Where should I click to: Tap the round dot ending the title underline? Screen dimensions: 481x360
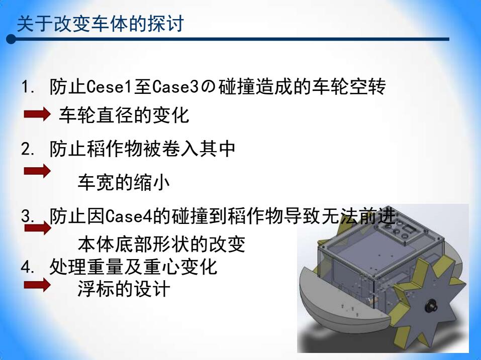click(11, 39)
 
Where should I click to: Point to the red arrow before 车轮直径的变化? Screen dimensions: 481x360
click(37, 114)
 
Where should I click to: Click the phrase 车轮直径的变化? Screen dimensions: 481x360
click(124, 115)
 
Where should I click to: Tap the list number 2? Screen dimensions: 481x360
click(28, 149)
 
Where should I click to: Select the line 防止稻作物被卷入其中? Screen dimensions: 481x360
click(142, 149)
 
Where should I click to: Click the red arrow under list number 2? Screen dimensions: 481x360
click(37, 171)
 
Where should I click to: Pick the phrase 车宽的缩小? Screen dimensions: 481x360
click(124, 183)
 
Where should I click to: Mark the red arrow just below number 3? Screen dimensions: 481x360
click(38, 228)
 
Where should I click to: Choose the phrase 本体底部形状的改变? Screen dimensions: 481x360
click(161, 244)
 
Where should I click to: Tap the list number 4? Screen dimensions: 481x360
click(28, 267)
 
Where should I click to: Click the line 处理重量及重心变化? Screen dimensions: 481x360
click(133, 267)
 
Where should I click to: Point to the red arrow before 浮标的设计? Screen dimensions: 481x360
click(37, 285)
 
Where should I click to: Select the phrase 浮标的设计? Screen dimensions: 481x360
click(124, 289)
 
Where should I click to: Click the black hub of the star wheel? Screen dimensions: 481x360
click(431, 305)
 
